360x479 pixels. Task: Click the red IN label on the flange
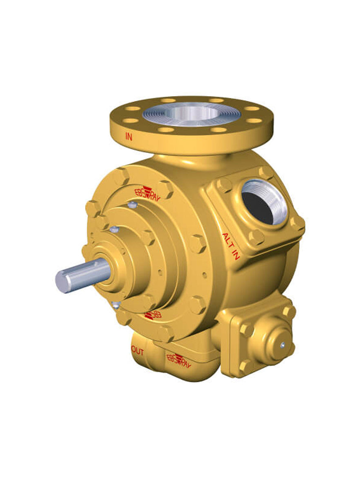[x=129, y=137]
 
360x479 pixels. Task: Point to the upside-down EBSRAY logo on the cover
[x=153, y=315]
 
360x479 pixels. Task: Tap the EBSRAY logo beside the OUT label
[x=179, y=358]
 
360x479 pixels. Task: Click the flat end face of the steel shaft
[x=64, y=281]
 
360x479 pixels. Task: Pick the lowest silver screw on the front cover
[x=116, y=304]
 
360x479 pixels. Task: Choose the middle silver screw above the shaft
[x=115, y=230]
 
